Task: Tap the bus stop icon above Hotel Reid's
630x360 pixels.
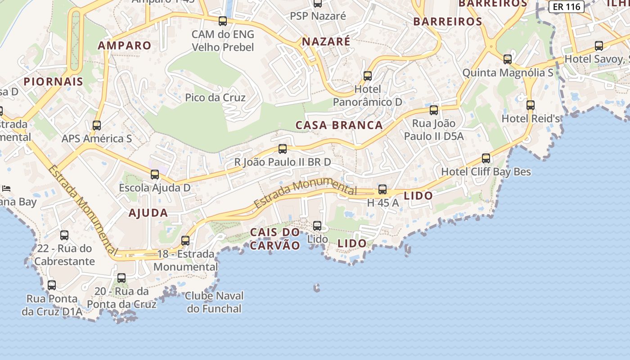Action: click(x=531, y=105)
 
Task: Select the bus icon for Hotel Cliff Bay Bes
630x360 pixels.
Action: click(x=486, y=158)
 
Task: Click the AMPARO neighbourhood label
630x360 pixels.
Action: click(x=125, y=45)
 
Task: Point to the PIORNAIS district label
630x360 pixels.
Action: click(x=54, y=81)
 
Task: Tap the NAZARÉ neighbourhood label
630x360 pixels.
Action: click(x=326, y=42)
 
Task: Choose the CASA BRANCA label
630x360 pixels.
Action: click(x=339, y=125)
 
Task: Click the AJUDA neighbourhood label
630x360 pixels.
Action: click(x=148, y=213)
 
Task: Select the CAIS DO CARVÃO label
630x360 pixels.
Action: click(x=275, y=238)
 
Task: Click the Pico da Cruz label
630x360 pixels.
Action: click(x=215, y=97)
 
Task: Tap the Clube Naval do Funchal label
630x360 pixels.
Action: click(x=214, y=302)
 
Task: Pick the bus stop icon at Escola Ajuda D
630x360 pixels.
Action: click(x=155, y=174)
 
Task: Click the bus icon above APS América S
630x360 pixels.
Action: click(x=97, y=126)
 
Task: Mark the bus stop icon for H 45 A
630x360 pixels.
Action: click(x=382, y=189)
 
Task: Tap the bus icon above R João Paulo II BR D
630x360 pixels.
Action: click(x=283, y=148)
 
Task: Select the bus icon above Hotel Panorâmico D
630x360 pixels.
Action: click(x=368, y=76)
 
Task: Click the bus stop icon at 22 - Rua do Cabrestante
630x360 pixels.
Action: click(x=64, y=235)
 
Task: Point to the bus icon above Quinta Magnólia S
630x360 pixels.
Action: click(x=508, y=59)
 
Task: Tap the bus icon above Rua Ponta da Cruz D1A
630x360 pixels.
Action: click(x=52, y=285)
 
